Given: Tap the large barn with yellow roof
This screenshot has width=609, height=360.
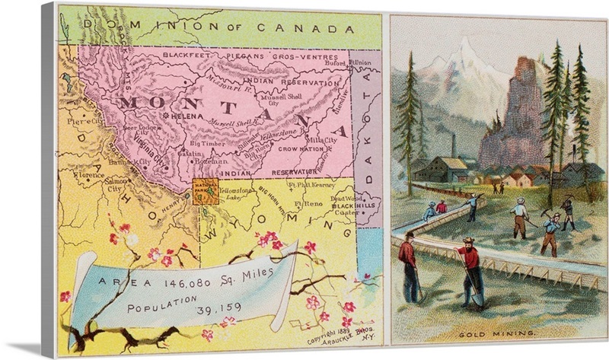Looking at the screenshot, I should coord(442,170).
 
